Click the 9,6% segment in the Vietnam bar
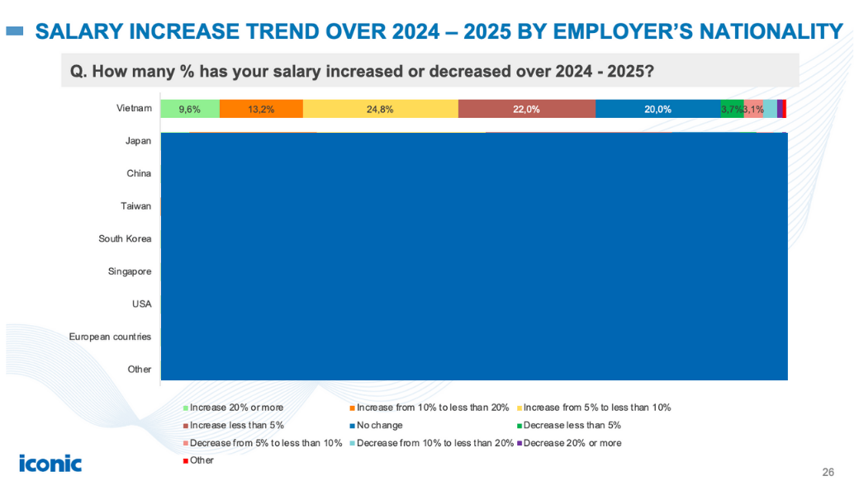pyautogui.click(x=189, y=109)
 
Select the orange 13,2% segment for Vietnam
pyautogui.click(x=261, y=109)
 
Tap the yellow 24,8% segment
pyautogui.click(x=380, y=109)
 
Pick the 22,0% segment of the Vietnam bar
pyautogui.click(x=526, y=109)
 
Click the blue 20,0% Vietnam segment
pyautogui.click(x=657, y=109)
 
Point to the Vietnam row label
pyautogui.click(x=135, y=108)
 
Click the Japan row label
pyautogui.click(x=138, y=141)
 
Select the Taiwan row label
pyautogui.click(x=136, y=206)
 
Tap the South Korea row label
pyautogui.click(x=125, y=239)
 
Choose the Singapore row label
pyautogui.click(x=130, y=271)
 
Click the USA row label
pyautogui.click(x=141, y=304)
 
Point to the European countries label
pyautogui.click(x=110, y=337)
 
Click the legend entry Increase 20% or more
pyautogui.click(x=235, y=408)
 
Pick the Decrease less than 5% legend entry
pyautogui.click(x=571, y=426)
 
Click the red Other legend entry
pyautogui.click(x=201, y=460)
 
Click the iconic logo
pyautogui.click(x=50, y=464)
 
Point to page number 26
pyautogui.click(x=828, y=473)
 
